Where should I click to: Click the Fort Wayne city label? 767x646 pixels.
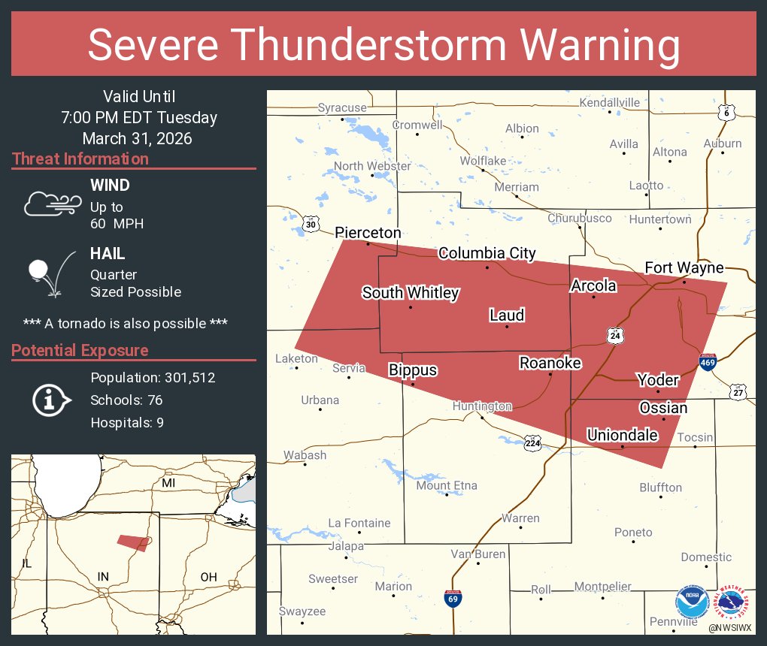coord(684,267)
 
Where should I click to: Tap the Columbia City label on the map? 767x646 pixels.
coord(487,253)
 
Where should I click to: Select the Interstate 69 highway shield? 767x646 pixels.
coord(453,598)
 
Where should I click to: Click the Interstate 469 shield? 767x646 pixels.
coord(707,363)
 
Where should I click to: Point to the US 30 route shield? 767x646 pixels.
coord(311,224)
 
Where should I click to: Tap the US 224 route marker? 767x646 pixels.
coord(532,442)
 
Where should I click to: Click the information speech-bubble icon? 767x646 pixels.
coord(51,400)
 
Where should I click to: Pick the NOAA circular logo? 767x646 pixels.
coord(691,602)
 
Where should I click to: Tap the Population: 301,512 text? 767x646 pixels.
coord(153,377)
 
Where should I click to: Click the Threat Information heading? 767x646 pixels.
coord(80,159)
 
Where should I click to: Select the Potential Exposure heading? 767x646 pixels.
coord(80,351)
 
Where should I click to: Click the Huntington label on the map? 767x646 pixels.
coord(482,406)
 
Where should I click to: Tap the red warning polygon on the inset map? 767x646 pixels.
coord(133,542)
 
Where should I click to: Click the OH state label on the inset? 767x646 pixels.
coord(208,577)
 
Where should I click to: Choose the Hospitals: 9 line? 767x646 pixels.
coord(127,423)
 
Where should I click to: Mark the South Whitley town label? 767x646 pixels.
coord(410,293)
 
